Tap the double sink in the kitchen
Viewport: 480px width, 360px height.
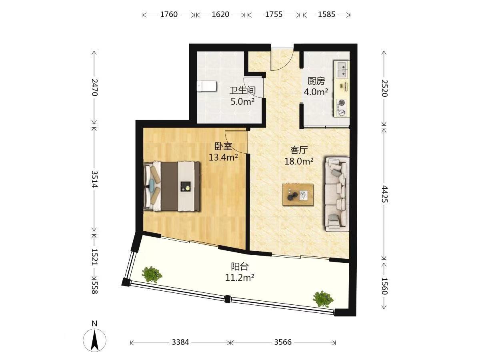(x=341, y=69)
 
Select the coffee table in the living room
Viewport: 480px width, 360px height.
(x=298, y=194)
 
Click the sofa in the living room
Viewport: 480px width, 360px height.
(x=336, y=194)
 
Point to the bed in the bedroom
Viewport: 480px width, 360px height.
(x=172, y=186)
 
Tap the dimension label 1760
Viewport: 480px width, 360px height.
(x=169, y=14)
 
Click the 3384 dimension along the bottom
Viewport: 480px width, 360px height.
(x=180, y=342)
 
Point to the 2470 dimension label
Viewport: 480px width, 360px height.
(x=94, y=87)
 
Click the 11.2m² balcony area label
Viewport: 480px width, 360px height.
(x=240, y=278)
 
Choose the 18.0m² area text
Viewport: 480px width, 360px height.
(x=299, y=161)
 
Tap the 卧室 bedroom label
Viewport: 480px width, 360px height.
(x=223, y=146)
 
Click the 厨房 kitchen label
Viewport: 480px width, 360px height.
(x=316, y=81)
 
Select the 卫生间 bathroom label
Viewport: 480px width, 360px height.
(x=242, y=90)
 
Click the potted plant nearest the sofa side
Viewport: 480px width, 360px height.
(x=323, y=299)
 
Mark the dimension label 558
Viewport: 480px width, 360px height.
(x=94, y=288)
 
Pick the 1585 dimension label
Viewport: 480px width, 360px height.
(x=326, y=14)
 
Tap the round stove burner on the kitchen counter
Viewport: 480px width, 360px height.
(x=341, y=102)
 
